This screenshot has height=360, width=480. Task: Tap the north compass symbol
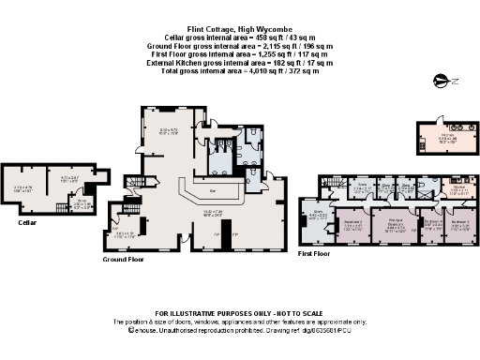(x=440, y=83)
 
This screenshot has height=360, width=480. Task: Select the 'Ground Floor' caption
(x=121, y=260)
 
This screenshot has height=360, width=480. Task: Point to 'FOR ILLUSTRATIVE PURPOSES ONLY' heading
(x=239, y=311)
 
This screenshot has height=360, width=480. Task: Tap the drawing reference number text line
(x=239, y=330)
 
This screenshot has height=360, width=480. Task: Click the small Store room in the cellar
(x=82, y=202)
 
